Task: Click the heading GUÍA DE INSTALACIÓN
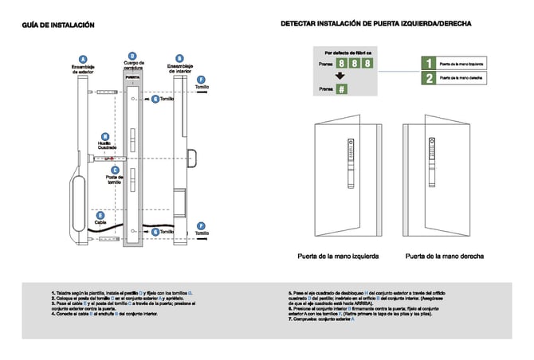[58, 25]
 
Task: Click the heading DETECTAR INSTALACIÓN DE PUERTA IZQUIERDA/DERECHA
[375, 25]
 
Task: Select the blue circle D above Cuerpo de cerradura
[133, 51]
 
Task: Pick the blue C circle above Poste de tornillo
[116, 169]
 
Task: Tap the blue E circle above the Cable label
[100, 214]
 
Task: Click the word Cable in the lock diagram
[100, 222]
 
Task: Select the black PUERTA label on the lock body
[133, 77]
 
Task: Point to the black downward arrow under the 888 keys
[340, 76]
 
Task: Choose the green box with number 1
[428, 62]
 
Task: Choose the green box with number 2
[428, 78]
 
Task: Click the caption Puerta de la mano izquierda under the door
[337, 256]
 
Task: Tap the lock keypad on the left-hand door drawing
[350, 155]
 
